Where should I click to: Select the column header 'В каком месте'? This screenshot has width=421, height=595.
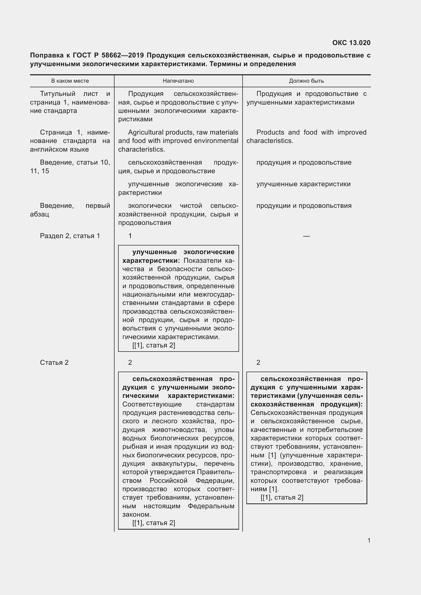point(70,81)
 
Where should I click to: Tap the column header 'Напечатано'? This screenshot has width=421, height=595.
point(178,81)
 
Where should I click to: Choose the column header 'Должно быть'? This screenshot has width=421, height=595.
point(306,81)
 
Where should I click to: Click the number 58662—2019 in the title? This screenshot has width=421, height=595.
point(124,55)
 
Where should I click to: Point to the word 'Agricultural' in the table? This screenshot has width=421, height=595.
point(145,133)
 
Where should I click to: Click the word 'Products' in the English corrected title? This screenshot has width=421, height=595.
point(270,133)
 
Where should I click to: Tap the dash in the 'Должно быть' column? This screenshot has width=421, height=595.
point(306,236)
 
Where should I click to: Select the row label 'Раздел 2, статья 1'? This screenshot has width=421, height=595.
point(70,236)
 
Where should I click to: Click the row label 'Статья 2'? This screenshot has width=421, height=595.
point(54,362)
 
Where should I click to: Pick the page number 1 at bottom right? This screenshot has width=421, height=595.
point(369,540)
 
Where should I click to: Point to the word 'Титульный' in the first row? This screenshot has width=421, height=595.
point(58,94)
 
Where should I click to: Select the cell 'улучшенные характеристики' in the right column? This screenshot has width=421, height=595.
point(303,184)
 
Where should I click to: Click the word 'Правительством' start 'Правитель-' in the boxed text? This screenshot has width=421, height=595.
point(216,472)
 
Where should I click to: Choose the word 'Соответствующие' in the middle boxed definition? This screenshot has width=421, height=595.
point(152,404)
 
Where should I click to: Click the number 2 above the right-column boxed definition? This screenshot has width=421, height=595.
point(258,362)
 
